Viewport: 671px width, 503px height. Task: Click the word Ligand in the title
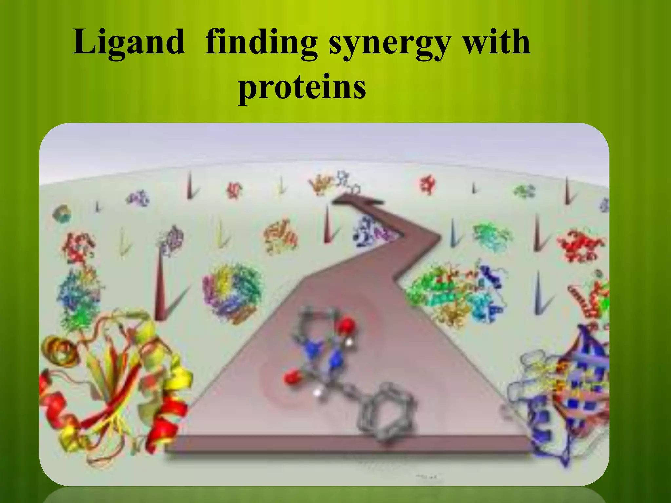129,43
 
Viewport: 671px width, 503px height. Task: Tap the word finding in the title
261,43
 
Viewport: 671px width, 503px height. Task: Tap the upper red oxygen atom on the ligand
346,326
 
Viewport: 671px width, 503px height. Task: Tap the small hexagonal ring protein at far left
62,214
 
